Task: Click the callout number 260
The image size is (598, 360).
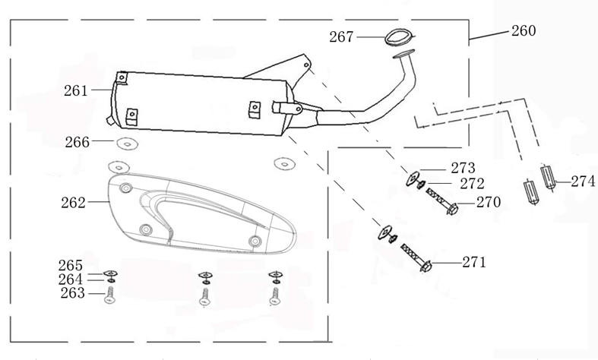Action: [524, 31]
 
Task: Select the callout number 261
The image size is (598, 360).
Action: [77, 90]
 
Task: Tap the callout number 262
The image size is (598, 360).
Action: [74, 203]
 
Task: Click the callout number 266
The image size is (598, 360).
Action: [78, 141]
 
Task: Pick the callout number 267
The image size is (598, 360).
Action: [342, 36]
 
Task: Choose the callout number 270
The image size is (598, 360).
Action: [489, 203]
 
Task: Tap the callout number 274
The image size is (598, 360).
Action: [583, 182]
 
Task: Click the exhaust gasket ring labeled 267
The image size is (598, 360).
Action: [395, 35]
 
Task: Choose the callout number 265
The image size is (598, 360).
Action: [71, 265]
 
